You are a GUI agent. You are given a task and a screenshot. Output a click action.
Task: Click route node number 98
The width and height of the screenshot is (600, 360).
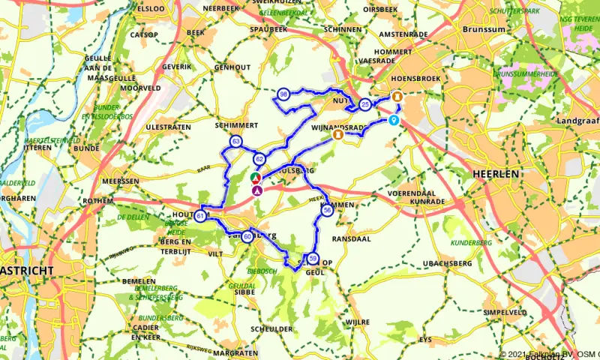[283, 94]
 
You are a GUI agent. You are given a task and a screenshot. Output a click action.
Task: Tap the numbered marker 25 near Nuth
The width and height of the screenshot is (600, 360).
[365, 104]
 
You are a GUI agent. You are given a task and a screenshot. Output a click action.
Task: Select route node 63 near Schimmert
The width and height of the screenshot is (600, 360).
[237, 141]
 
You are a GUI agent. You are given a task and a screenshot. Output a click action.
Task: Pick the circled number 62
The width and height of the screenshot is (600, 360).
[259, 159]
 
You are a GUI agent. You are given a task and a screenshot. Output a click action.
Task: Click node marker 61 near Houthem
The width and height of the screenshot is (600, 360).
[201, 217]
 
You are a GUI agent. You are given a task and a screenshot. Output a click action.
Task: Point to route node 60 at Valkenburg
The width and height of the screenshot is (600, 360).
[247, 237]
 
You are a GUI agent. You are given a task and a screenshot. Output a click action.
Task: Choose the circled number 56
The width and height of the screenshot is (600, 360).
[327, 211]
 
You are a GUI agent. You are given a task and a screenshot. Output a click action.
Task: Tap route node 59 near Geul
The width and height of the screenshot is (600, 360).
[313, 259]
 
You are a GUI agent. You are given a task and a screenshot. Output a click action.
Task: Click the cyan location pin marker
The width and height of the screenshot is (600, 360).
[393, 120]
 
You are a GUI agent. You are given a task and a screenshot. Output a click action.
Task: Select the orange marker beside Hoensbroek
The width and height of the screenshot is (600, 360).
[398, 97]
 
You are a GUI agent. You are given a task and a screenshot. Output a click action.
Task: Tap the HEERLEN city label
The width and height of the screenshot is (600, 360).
[496, 173]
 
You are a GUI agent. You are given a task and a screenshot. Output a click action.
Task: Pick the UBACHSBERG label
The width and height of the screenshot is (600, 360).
[447, 263]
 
